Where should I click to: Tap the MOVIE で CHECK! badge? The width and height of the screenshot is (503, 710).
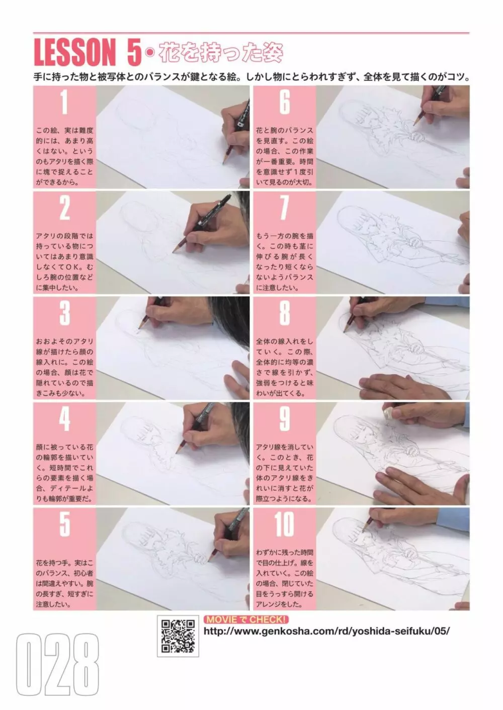click(x=246, y=619)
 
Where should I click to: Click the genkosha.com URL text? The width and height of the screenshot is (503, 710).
click(x=326, y=631)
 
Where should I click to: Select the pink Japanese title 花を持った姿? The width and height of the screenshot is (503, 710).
click(x=221, y=53)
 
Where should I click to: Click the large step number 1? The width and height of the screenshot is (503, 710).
click(x=64, y=102)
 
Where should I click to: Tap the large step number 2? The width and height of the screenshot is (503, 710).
click(x=65, y=208)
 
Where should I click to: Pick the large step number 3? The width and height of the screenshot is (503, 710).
click(x=65, y=313)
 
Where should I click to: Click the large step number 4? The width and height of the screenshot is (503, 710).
click(x=65, y=419)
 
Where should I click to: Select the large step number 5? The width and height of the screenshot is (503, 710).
click(x=65, y=524)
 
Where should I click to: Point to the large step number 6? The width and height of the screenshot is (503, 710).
click(x=285, y=102)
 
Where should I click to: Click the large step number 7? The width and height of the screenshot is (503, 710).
click(x=285, y=208)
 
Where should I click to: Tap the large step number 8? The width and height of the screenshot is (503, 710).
click(x=285, y=313)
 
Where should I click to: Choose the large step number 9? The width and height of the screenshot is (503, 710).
click(x=285, y=419)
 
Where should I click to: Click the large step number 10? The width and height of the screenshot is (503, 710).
click(x=285, y=524)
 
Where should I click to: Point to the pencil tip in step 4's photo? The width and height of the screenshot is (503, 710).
click(x=177, y=453)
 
